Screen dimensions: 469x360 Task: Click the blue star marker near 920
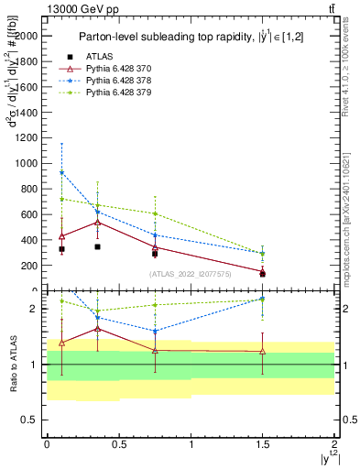pos(61,172)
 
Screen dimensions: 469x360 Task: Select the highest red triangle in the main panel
pos(98,222)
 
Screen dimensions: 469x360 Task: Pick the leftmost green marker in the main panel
pos(61,199)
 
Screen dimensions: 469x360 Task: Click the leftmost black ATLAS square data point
pos(61,249)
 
